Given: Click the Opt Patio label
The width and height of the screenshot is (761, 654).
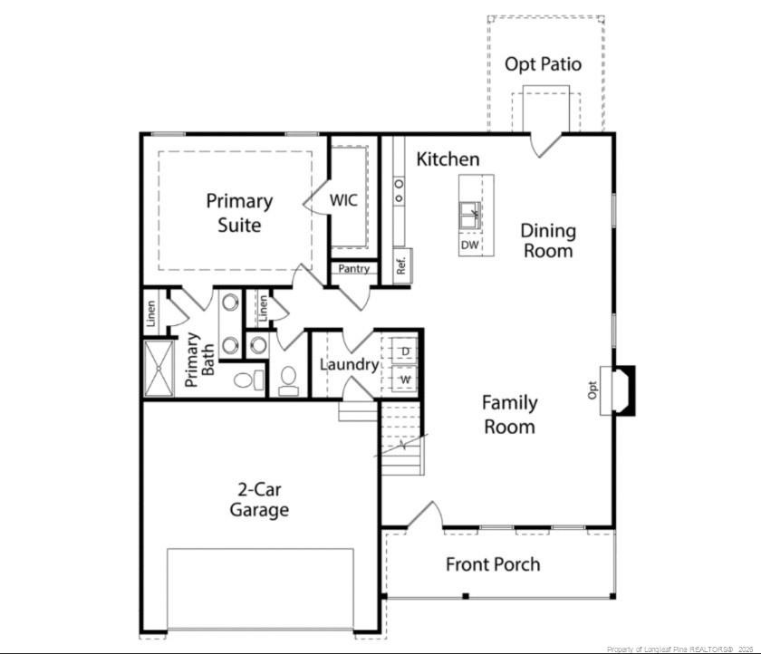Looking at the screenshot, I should click(543, 64).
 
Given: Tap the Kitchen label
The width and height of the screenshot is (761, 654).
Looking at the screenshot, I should click(448, 159).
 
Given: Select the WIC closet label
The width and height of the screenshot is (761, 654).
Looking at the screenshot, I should click(343, 199).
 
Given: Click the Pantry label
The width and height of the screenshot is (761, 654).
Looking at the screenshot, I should click(353, 269).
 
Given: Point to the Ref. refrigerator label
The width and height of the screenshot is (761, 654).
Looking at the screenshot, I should click(400, 266).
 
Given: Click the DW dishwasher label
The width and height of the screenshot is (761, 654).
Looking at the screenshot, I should click(469, 245).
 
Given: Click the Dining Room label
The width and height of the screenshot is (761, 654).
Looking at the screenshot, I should click(547, 240).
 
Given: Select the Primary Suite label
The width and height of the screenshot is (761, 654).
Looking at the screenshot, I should click(238, 212).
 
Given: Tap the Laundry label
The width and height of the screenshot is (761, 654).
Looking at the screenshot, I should click(349, 365).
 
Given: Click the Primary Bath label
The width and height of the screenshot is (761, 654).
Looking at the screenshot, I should click(200, 361).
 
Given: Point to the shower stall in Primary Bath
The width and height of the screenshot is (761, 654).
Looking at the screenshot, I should click(159, 369).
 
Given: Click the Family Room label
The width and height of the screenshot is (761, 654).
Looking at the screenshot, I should click(509, 414).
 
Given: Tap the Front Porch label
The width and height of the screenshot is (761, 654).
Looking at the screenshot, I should click(493, 564).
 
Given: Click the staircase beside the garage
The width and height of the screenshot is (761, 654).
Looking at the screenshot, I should click(401, 439).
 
